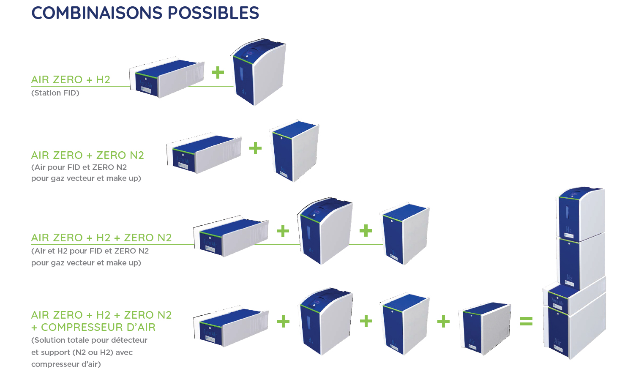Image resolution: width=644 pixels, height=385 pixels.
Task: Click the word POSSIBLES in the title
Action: (213, 13)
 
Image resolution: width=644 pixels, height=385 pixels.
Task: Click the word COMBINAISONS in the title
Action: (97, 13)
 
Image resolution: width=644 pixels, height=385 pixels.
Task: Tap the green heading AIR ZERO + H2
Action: (71, 79)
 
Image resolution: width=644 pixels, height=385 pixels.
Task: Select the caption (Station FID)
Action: (55, 93)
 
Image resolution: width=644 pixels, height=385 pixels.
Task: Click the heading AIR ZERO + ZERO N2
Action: (87, 155)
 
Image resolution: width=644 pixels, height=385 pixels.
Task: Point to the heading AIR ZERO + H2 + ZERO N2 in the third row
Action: (101, 238)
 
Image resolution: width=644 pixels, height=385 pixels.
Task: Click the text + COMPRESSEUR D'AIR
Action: (93, 327)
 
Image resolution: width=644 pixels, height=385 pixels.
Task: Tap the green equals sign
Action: (526, 321)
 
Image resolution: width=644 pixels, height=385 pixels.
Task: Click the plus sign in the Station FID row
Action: (218, 72)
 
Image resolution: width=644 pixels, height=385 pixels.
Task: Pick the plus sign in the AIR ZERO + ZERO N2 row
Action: (255, 148)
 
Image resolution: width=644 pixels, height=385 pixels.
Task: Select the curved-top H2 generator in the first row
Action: (259, 72)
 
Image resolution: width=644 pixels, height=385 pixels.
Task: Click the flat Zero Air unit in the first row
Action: (166, 79)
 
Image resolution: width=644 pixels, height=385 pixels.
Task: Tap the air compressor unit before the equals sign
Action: (485, 327)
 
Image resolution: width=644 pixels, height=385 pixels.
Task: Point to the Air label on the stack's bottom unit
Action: (557, 341)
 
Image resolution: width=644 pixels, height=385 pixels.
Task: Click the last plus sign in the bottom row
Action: (443, 322)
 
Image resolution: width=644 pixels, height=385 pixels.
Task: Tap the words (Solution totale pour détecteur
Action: (89, 340)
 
